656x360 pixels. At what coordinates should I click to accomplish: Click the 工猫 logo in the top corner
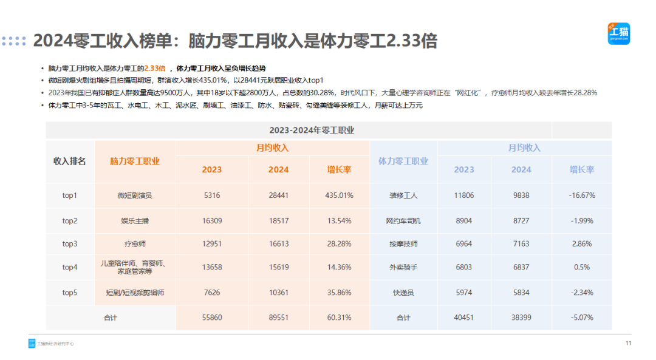pos(618,33)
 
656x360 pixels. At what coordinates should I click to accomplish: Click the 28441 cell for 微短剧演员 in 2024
pos(278,195)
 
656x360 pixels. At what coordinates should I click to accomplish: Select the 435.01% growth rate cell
pos(340,195)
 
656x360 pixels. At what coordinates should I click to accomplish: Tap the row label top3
pos(70,243)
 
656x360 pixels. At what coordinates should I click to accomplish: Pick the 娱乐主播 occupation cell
pos(134,221)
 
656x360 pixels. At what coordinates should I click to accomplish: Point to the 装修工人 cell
pos(403,195)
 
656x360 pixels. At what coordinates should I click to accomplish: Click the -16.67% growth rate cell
pos(582,195)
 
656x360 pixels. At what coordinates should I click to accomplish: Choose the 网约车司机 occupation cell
pos(403,221)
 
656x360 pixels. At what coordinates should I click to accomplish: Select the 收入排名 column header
pos(70,161)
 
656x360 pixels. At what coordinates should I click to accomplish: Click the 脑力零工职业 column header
pos(135,161)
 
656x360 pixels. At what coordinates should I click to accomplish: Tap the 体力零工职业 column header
pos(403,161)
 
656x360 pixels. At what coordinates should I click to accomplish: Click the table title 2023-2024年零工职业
pos(312,130)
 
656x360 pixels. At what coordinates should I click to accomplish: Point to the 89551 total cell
pos(278,318)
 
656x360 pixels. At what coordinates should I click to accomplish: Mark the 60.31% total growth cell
pos(340,318)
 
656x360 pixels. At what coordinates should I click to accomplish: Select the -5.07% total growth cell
pos(582,318)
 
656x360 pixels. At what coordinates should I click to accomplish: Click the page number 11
pos(629,344)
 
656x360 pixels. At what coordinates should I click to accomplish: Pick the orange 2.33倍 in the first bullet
pos(154,69)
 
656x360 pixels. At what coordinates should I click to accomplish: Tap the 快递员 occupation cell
pos(403,293)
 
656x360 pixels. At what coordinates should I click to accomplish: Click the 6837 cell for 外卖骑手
pos(521,267)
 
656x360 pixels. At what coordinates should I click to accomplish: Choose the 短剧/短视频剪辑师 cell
pos(134,293)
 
